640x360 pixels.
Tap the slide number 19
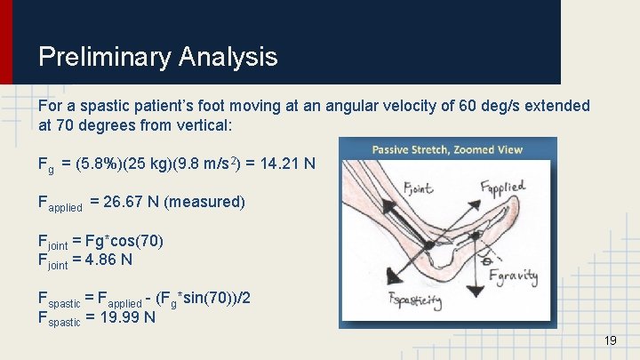click(x=610, y=341)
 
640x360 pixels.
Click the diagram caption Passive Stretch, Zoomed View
click(x=446, y=149)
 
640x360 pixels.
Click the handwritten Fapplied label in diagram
click(x=502, y=188)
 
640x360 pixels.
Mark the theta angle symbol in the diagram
click(x=485, y=261)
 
